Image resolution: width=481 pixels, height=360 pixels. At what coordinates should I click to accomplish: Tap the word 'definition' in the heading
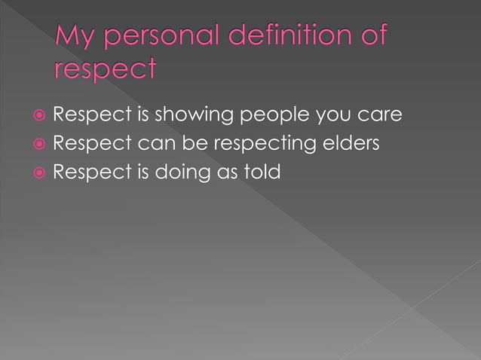point(286,35)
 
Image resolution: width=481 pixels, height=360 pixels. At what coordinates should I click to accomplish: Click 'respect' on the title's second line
point(105,70)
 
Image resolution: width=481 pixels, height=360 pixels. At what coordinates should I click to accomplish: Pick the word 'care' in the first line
point(378,116)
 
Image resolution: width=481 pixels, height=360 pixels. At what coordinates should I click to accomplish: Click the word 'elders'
point(352,144)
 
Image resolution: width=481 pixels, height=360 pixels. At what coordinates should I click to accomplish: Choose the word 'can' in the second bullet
point(157,144)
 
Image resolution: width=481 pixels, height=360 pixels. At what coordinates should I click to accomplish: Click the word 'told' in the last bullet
point(260,172)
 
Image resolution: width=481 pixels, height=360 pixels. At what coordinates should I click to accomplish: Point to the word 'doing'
point(184,172)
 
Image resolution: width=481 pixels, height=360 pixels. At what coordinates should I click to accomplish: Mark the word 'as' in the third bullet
point(225,172)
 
